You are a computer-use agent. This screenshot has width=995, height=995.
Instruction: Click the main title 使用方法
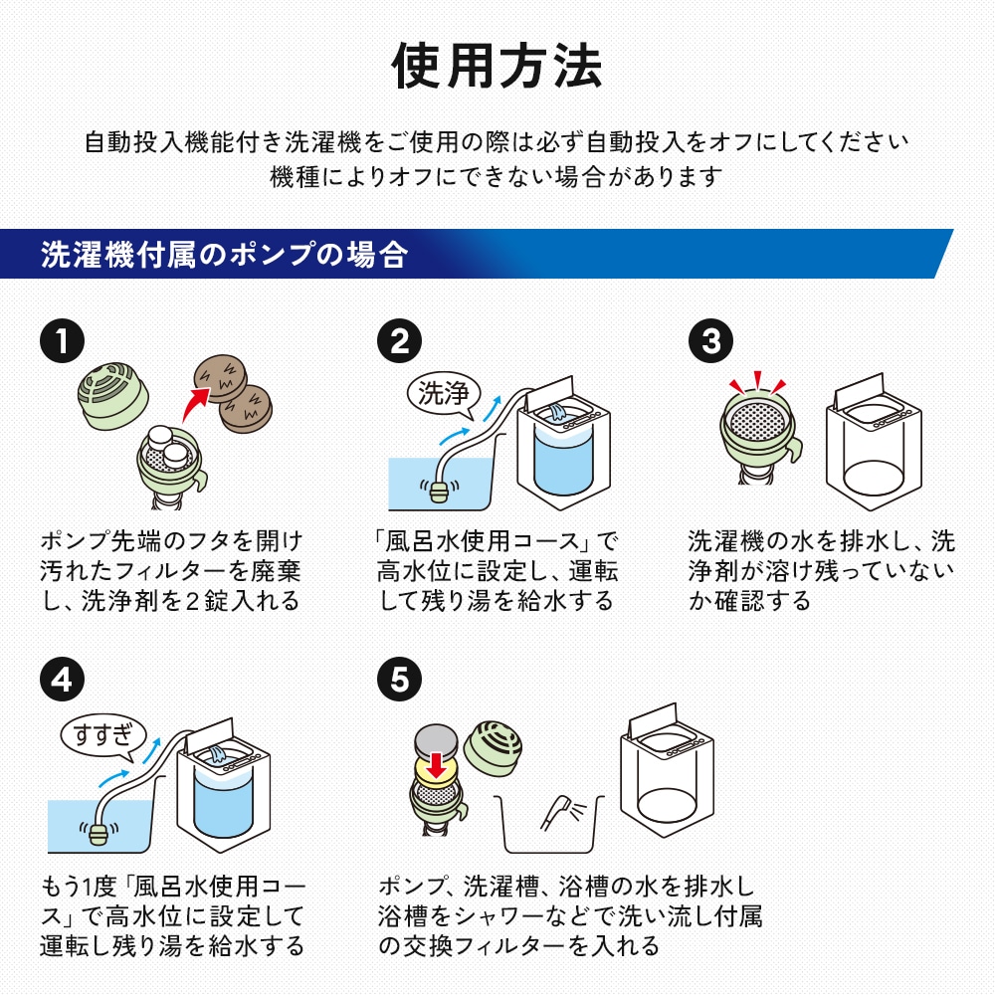click(497, 67)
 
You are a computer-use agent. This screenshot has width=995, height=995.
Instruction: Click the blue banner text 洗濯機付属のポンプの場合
click(224, 255)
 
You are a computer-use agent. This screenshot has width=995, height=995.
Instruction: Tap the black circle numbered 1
click(62, 341)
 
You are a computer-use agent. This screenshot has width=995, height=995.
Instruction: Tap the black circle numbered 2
click(400, 341)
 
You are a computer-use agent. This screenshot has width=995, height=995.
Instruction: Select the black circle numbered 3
click(710, 341)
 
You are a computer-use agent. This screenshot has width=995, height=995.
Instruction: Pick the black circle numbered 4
click(62, 681)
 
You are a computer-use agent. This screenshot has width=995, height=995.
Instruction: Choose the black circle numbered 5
click(400, 681)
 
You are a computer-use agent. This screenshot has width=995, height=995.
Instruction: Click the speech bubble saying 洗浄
click(444, 392)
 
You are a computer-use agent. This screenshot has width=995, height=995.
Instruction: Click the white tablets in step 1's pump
click(163, 446)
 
